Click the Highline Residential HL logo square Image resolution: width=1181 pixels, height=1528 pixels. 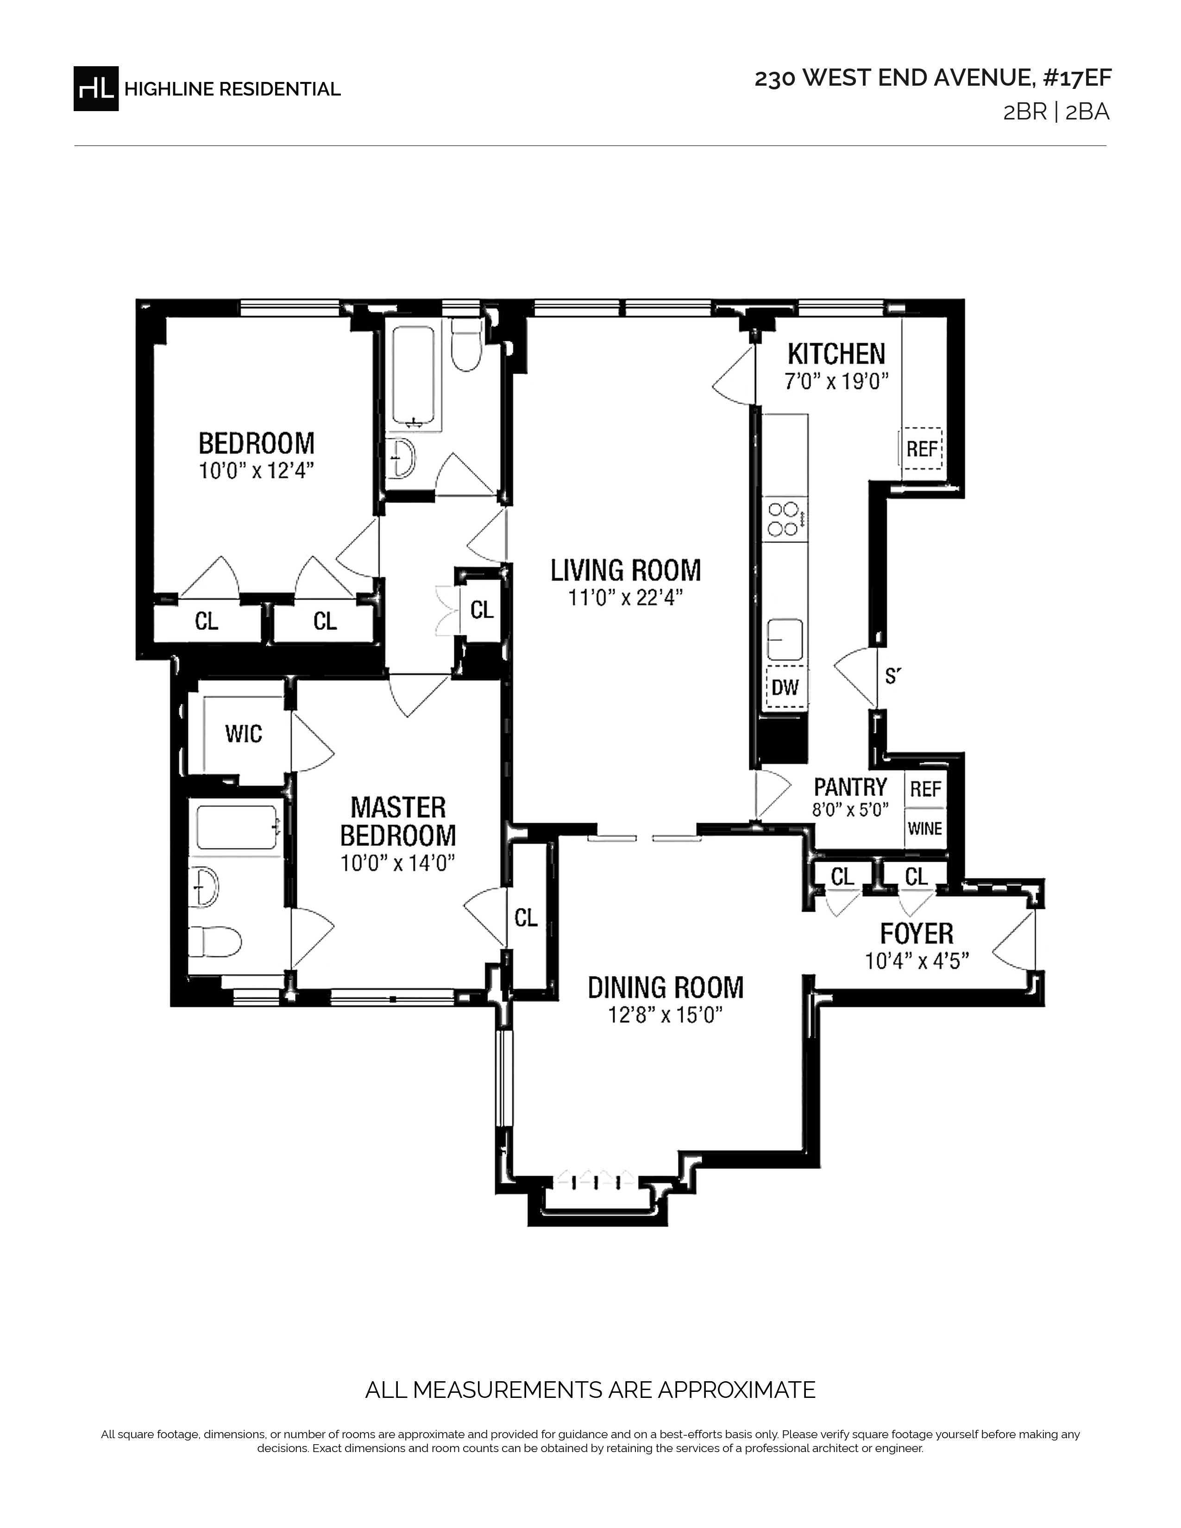pos(96,88)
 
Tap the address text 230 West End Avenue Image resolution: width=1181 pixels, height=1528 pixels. pos(893,78)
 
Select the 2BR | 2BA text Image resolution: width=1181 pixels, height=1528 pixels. pos(1056,112)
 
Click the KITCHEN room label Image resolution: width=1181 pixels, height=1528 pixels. pos(836,354)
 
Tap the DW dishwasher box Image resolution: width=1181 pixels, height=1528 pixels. pos(785,687)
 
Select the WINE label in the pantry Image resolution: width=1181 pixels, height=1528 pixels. pos(925,828)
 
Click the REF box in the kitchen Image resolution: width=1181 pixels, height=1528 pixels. pos(922,448)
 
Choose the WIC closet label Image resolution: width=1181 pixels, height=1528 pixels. pos(244,734)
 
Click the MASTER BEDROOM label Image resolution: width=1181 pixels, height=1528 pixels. pos(398,821)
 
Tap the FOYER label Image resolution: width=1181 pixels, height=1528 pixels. pos(917,933)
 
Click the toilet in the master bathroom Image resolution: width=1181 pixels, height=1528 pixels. pos(215,942)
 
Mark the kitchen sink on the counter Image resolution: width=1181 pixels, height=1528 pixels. pos(785,639)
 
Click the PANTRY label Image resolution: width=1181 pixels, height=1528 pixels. pos(850,787)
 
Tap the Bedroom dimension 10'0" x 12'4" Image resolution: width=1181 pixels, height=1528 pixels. pos(255,471)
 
